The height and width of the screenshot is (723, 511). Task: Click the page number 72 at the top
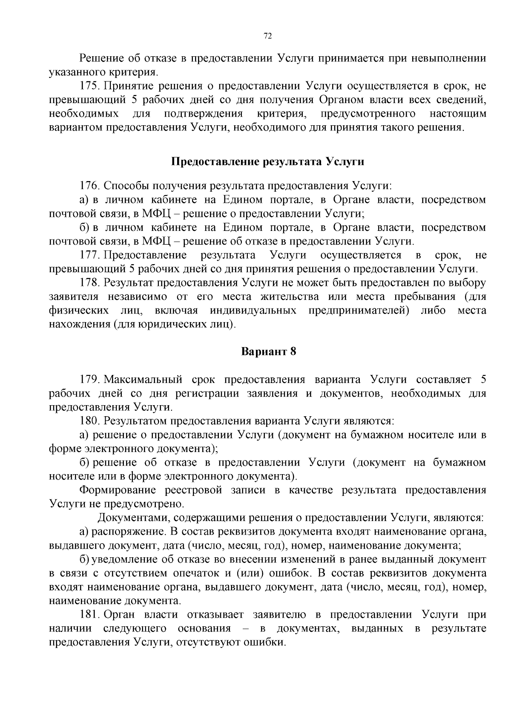pos(268,36)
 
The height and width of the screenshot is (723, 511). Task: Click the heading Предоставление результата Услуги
pos(268,162)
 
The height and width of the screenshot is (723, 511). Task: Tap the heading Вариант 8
pos(268,351)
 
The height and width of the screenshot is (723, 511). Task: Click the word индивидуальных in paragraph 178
pos(253,311)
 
